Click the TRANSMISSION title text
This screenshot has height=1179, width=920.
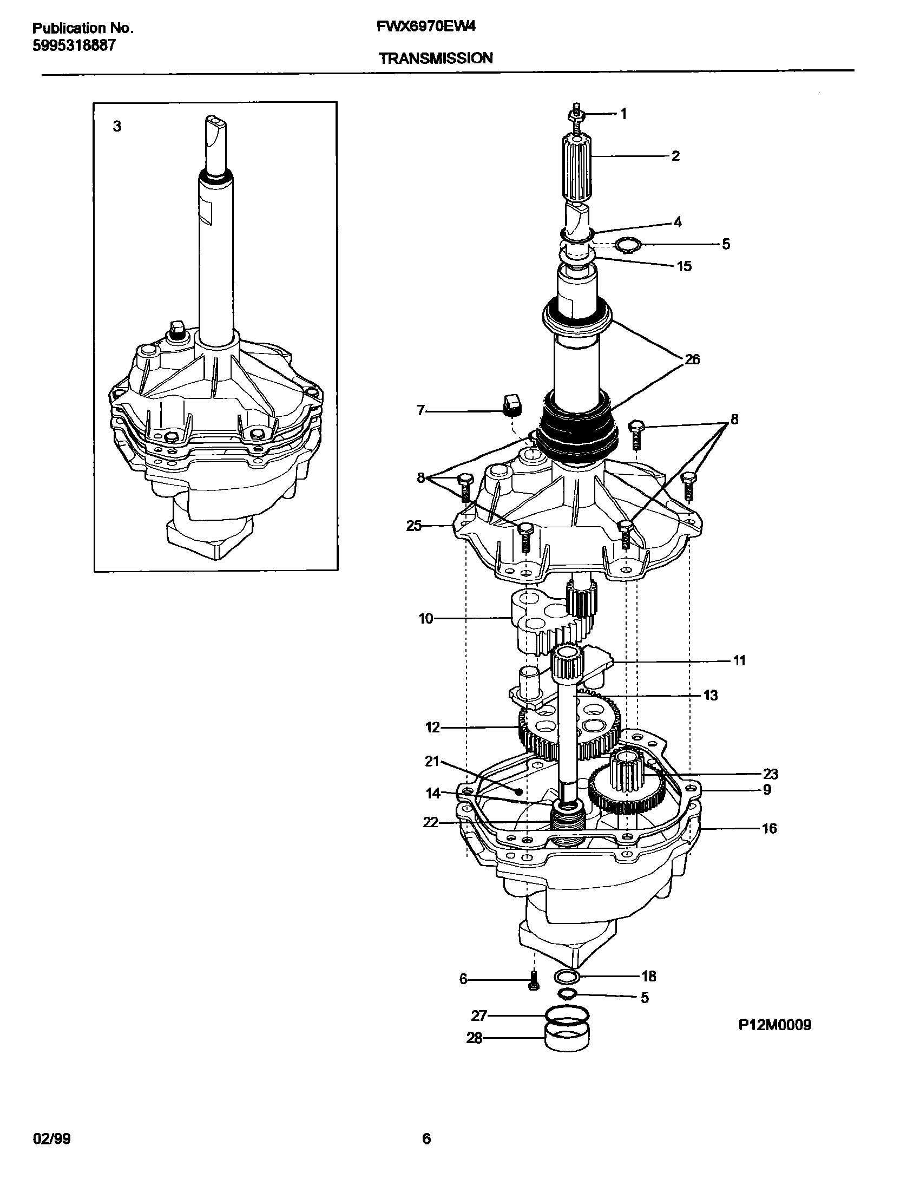click(x=436, y=58)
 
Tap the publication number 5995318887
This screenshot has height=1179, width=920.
click(x=74, y=45)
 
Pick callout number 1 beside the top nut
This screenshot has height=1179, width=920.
click(x=623, y=114)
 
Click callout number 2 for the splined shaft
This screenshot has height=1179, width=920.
click(x=675, y=156)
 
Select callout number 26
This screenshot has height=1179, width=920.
click(x=692, y=359)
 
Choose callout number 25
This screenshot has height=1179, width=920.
click(x=414, y=526)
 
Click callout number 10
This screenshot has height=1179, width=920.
click(x=426, y=618)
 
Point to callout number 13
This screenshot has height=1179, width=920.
click(x=710, y=695)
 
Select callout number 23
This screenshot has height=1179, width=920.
click(x=770, y=774)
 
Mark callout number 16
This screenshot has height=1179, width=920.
click(x=768, y=828)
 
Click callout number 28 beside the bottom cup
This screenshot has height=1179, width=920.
click(x=474, y=1038)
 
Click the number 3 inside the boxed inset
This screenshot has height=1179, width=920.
click(x=117, y=127)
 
